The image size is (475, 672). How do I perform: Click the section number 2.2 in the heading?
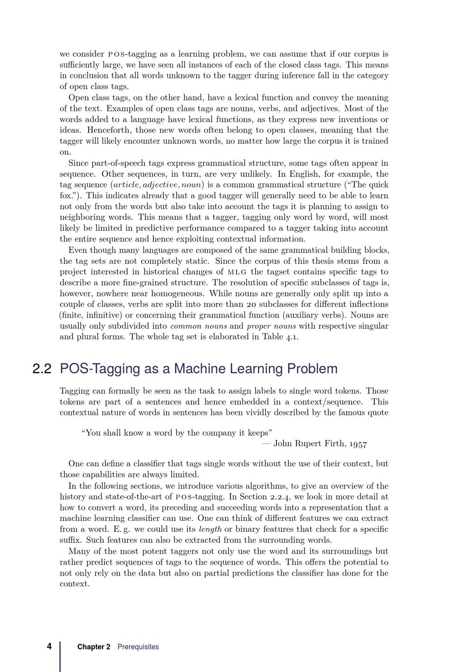(42, 369)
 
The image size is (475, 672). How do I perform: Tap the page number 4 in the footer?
(49, 646)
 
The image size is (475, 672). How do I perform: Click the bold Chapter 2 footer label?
(94, 647)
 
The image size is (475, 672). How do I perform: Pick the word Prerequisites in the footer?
(138, 647)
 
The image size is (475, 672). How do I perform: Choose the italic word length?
(210, 529)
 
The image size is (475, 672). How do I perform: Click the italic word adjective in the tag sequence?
(160, 185)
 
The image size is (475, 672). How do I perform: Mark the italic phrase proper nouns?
(271, 326)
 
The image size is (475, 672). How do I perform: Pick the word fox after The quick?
(66, 196)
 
